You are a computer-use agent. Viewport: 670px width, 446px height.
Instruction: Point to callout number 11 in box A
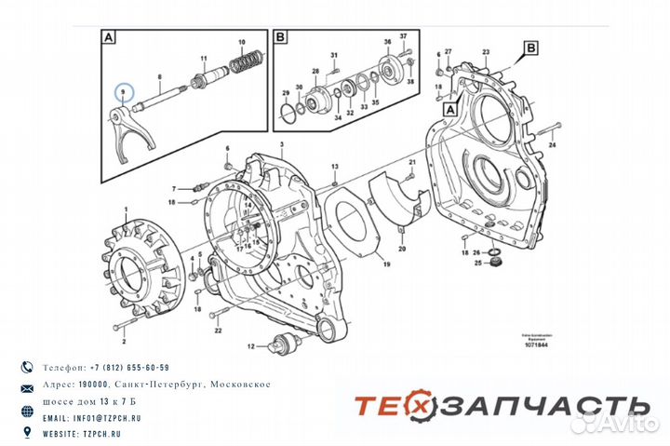(203, 61)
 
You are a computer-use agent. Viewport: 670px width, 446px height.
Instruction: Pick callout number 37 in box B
(403, 36)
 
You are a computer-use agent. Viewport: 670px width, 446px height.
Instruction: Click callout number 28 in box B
(316, 71)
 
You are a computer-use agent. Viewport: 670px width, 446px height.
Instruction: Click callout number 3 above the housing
(278, 144)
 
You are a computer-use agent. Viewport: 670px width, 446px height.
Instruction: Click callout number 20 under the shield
(402, 250)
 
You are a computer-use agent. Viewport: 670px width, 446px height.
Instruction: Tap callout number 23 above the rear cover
(486, 53)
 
